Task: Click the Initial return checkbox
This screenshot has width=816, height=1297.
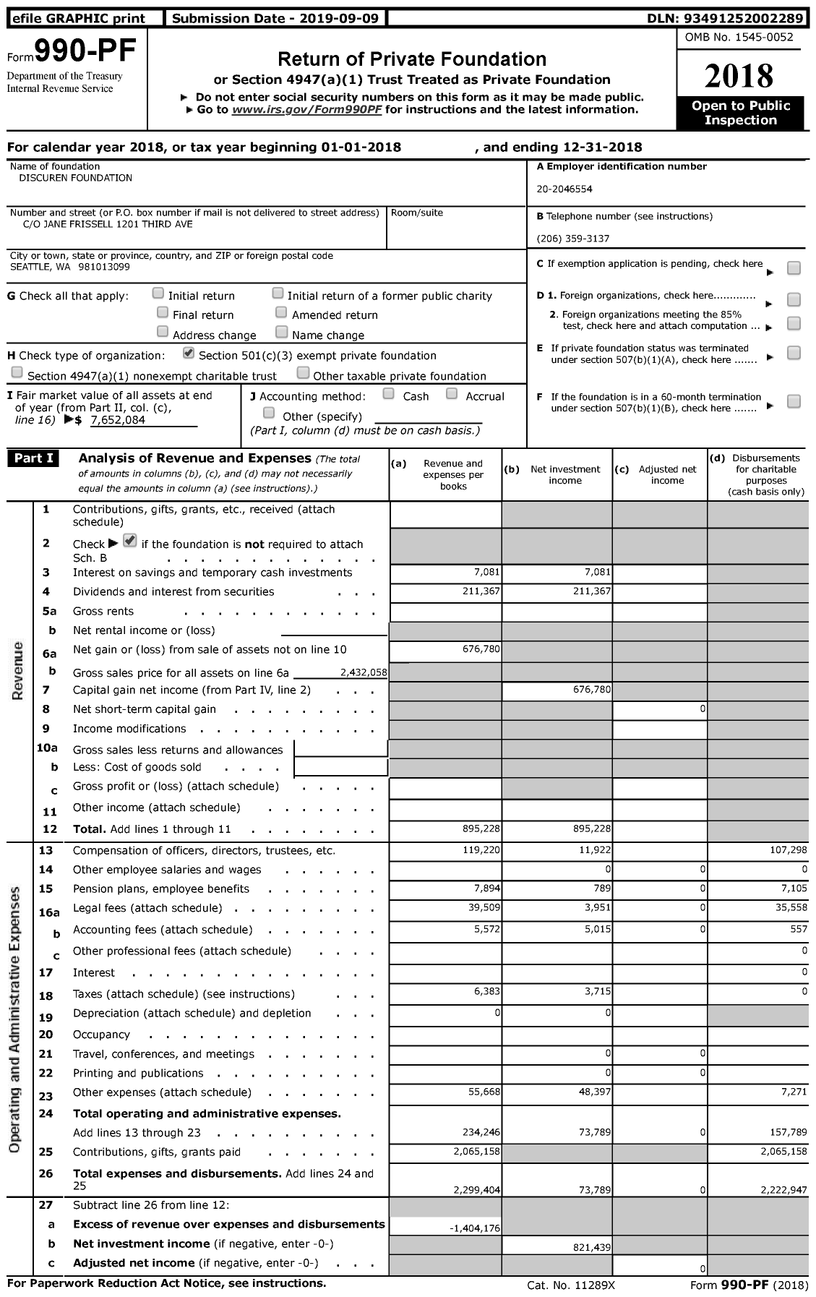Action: point(158,294)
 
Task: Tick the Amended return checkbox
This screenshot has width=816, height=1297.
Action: point(281,313)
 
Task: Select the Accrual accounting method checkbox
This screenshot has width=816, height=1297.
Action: point(452,394)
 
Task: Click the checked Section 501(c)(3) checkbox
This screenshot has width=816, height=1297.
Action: point(189,354)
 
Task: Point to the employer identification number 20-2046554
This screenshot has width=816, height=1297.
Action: point(564,189)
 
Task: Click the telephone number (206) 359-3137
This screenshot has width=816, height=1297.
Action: point(572,239)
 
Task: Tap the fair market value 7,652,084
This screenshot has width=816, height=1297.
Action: point(118,420)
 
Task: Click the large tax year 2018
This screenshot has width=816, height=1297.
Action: point(739,76)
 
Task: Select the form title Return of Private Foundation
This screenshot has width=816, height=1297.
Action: point(412,59)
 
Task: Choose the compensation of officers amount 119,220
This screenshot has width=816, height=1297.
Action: point(481,851)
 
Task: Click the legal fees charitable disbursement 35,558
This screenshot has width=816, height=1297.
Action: point(789,909)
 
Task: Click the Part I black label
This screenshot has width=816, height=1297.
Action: point(33,458)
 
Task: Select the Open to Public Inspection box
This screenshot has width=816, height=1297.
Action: point(740,114)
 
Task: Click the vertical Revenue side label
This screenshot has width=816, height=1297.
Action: point(18,670)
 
